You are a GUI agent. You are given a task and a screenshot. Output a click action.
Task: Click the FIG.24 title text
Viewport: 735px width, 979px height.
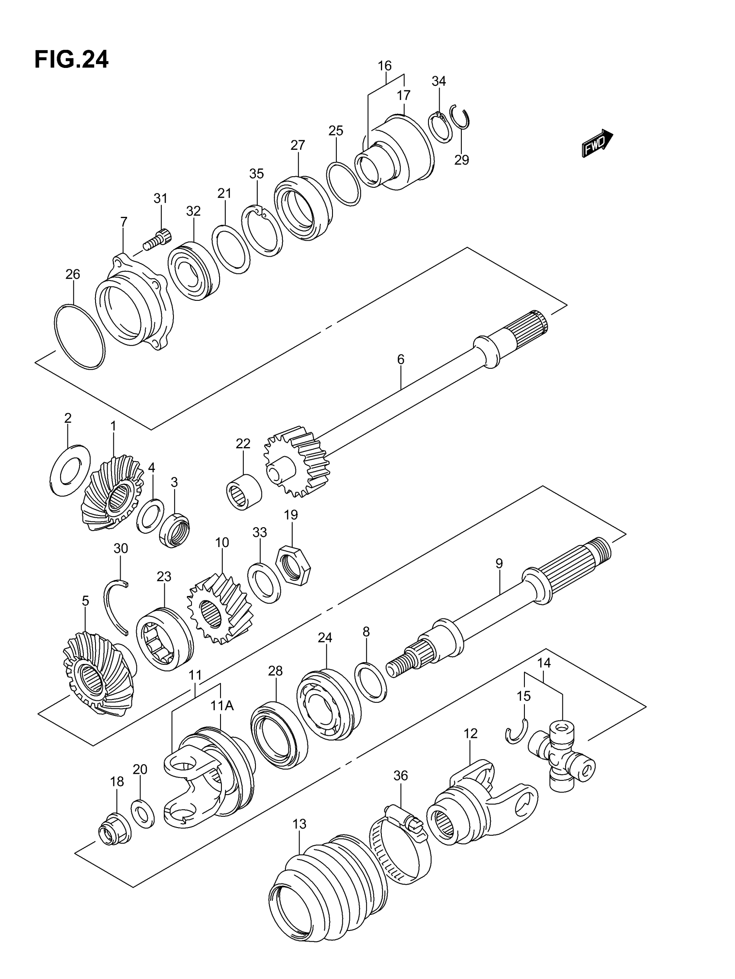coord(71,59)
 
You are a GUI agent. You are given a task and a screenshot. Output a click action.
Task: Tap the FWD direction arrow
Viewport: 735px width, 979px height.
coord(597,143)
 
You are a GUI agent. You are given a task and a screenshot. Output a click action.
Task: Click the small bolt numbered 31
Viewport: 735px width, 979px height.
coord(158,239)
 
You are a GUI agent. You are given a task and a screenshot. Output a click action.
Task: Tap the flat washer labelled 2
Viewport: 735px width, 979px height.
coord(70,470)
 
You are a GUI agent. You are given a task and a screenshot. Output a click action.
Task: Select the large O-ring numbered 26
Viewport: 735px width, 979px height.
coord(80,336)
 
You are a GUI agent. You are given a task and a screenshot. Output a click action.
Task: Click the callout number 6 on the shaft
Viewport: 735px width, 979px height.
coord(400,359)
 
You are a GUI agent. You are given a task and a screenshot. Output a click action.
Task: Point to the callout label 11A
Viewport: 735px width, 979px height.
coord(222,705)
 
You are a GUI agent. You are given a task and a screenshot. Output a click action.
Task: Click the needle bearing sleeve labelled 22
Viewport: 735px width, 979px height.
coord(243,492)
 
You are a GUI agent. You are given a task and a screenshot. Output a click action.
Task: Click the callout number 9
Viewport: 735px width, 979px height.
coord(499,564)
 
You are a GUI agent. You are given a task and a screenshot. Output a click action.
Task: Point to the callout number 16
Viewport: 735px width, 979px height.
coord(384,66)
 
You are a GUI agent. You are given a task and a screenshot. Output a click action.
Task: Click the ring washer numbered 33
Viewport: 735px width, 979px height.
coord(264,583)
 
